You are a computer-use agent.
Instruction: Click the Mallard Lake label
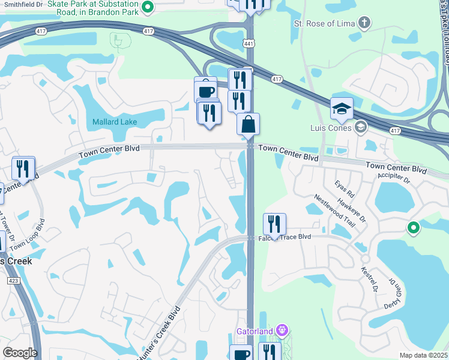114,122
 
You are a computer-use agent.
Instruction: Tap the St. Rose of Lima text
324,23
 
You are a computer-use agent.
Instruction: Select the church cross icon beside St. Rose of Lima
363,23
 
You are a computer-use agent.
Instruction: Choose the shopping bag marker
248,125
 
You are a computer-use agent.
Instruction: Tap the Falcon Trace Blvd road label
289,237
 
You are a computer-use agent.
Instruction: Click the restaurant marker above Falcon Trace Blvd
274,224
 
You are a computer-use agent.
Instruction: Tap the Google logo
20,353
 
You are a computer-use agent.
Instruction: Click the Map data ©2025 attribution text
423,355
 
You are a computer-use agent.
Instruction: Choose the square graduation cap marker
342,109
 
